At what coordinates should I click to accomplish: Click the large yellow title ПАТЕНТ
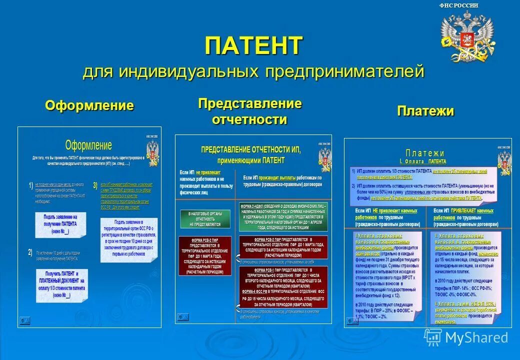click(253, 46)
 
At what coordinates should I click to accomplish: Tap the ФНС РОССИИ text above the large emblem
click(458, 5)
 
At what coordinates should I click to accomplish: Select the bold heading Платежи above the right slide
click(425, 110)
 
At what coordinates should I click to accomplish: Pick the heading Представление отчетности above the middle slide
click(249, 111)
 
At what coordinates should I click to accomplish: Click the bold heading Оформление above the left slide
click(89, 105)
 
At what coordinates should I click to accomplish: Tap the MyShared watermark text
click(476, 337)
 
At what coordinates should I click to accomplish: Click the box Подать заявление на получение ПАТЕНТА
click(60, 224)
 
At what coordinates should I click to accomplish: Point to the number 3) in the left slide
click(95, 185)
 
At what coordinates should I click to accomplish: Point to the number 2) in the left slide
click(30, 252)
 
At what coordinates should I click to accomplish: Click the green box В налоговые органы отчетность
click(205, 219)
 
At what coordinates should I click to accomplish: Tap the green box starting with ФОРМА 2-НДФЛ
click(283, 216)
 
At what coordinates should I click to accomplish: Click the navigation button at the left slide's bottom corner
click(24, 321)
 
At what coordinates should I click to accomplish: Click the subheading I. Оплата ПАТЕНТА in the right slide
click(422, 161)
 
